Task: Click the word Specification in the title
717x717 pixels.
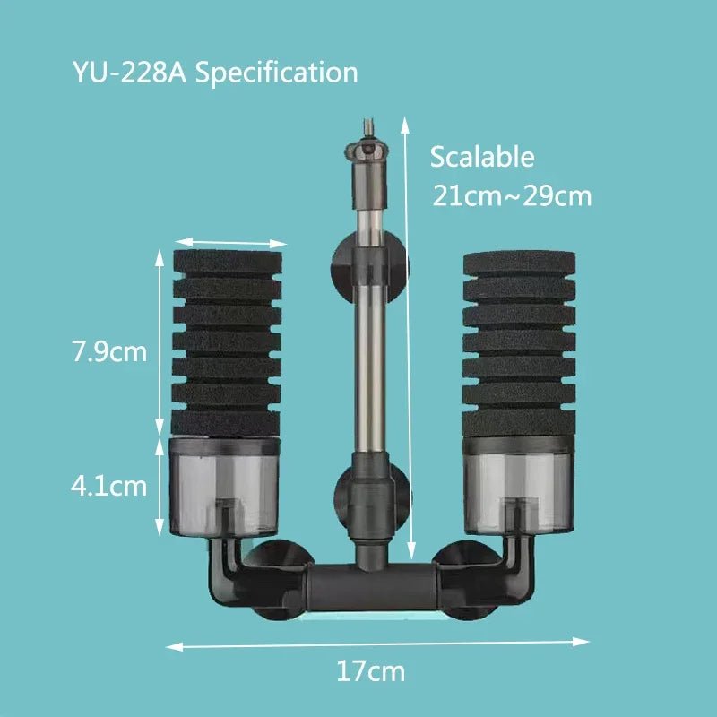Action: tap(276, 73)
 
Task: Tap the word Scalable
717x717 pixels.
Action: tap(482, 158)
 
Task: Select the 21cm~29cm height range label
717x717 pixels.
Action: tap(512, 195)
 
